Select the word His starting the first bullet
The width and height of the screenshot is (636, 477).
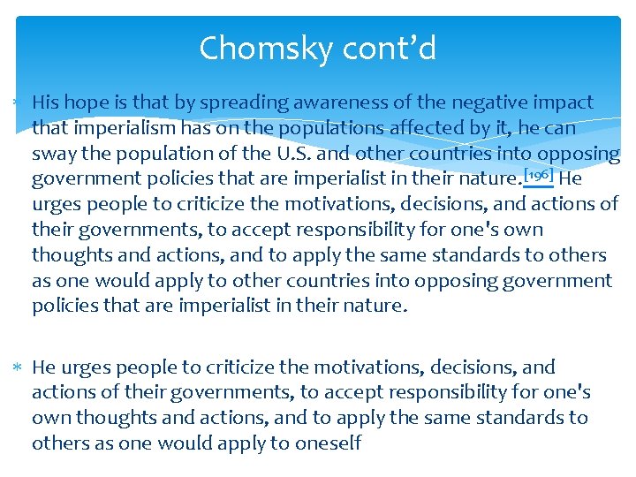pyautogui.click(x=47, y=102)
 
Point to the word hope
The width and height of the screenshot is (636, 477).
pyautogui.click(x=91, y=103)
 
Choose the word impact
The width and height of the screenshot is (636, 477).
pyautogui.click(x=563, y=103)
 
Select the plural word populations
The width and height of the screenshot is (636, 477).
pyautogui.click(x=310, y=128)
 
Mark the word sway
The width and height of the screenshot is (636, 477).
pyautogui.click(x=53, y=154)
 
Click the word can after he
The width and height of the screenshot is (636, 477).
pyautogui.click(x=560, y=128)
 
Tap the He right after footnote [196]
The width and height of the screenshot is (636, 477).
pyautogui.click(x=571, y=179)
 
